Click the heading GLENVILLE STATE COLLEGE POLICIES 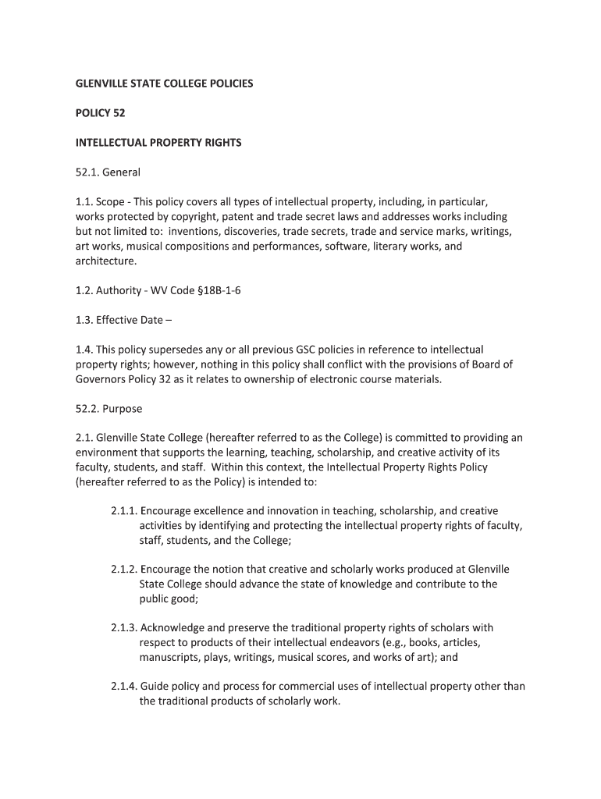[164, 83]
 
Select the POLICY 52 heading [100, 113]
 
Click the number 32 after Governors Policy [181, 379]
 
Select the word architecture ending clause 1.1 [105, 261]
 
